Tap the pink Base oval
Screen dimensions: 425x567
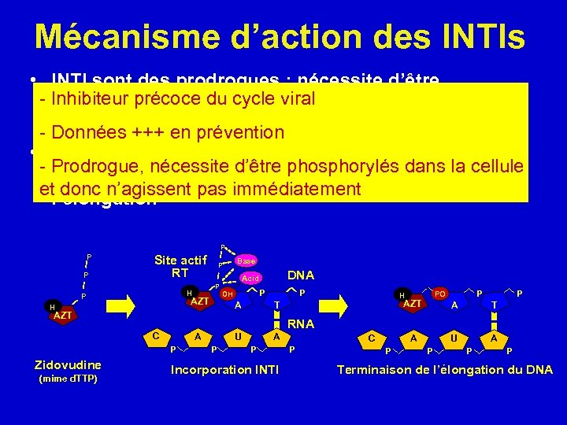click(x=246, y=261)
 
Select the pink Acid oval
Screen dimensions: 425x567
click(x=250, y=278)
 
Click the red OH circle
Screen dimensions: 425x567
click(x=228, y=294)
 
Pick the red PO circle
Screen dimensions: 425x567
click(x=441, y=293)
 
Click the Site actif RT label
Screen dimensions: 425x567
click(x=180, y=266)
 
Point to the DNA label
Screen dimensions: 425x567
click(x=301, y=275)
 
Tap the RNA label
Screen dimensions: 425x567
click(x=300, y=323)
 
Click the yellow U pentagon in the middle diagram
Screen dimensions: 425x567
click(x=238, y=337)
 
